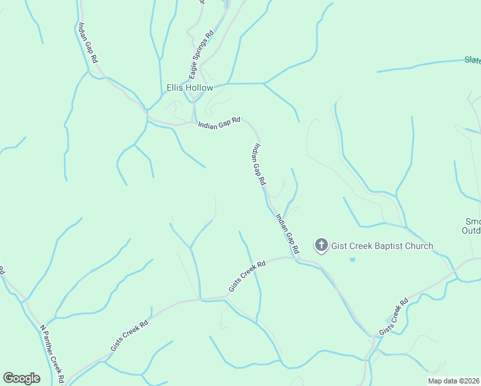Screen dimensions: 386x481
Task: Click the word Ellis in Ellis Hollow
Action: point(176,87)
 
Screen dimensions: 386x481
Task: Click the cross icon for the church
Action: point(321,245)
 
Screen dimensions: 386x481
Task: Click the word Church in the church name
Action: point(418,246)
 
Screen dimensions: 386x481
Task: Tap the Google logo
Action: point(21,378)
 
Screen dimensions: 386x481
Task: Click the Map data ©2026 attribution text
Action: point(453,380)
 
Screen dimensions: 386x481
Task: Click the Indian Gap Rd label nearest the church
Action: point(287,233)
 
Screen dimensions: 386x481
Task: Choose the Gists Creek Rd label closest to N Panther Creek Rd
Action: point(129,335)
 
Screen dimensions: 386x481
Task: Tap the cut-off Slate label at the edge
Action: point(473,60)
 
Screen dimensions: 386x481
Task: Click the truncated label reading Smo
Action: point(473,222)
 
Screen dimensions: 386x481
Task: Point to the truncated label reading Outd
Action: point(473,232)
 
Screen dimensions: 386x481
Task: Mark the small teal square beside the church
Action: point(351,259)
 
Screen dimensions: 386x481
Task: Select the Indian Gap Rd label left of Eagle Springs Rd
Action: point(87,42)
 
